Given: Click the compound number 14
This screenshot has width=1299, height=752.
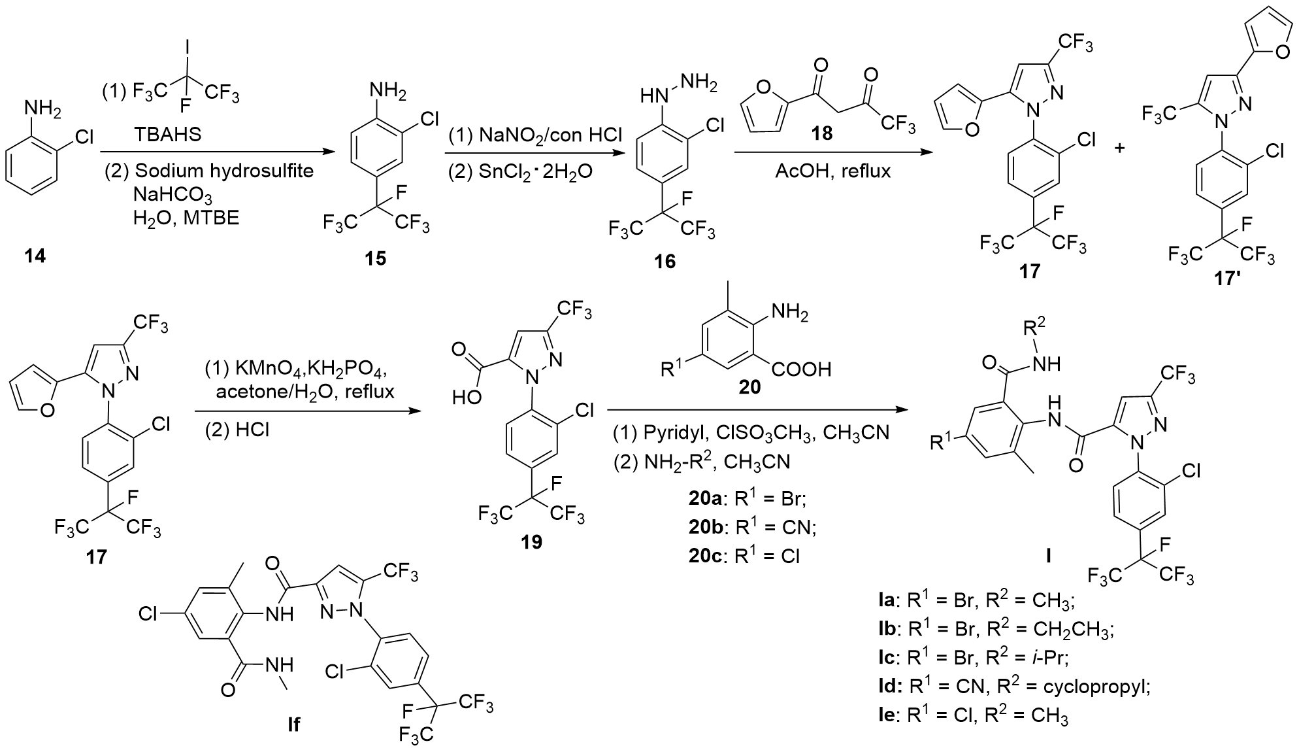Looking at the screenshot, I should pyautogui.click(x=35, y=256).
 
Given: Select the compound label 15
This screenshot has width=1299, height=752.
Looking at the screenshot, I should pyautogui.click(x=376, y=259).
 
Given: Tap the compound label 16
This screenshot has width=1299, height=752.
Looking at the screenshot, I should pyautogui.click(x=665, y=262).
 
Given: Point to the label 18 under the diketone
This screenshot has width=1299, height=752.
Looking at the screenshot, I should pyautogui.click(x=822, y=133).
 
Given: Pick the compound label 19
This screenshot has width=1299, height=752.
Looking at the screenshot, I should pyautogui.click(x=532, y=542).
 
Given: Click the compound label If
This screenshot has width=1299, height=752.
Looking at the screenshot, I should pyautogui.click(x=293, y=725).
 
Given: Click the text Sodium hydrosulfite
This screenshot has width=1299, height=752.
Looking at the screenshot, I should pyautogui.click(x=224, y=171).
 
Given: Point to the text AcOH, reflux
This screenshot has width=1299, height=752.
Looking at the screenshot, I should pyautogui.click(x=833, y=171).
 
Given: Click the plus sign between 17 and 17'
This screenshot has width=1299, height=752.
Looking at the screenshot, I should pyautogui.click(x=1121, y=148).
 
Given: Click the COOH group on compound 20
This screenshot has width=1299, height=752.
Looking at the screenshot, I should pyautogui.click(x=802, y=369).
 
